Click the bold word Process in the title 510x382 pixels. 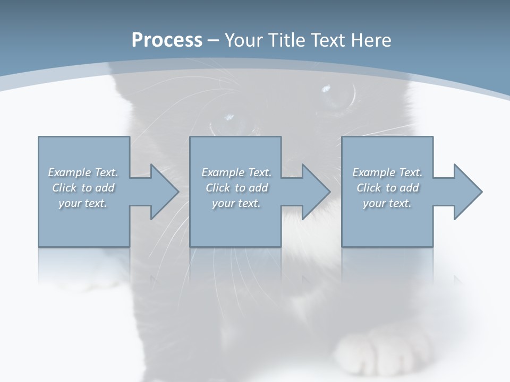(x=167, y=40)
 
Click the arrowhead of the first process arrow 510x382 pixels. (x=165, y=192)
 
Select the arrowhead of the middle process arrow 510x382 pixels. (x=316, y=192)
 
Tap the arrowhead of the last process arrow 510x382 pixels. (x=467, y=192)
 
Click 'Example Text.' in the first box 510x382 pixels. (x=83, y=172)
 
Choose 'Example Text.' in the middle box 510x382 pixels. (x=236, y=172)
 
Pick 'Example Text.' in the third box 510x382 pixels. (x=387, y=172)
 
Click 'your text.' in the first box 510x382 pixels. (x=83, y=203)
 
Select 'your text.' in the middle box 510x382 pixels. (x=236, y=203)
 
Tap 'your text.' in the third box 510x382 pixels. (x=387, y=203)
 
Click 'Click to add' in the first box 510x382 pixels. (x=83, y=188)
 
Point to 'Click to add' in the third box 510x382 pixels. (x=387, y=188)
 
